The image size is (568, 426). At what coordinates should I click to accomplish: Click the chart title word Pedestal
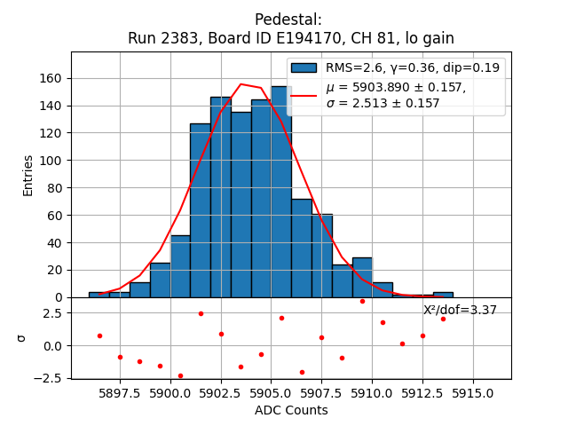[x=288, y=20]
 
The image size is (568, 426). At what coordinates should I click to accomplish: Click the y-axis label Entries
[x=28, y=175]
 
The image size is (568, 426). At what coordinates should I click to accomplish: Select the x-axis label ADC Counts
[x=291, y=410]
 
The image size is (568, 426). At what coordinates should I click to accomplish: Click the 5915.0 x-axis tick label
[x=472, y=390]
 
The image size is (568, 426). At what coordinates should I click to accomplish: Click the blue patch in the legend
[x=304, y=67]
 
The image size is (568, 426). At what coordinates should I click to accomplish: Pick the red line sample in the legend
[x=304, y=95]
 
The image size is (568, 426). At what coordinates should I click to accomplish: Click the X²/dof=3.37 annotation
[x=460, y=310]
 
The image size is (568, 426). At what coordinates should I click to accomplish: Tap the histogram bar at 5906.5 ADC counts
[x=301, y=248]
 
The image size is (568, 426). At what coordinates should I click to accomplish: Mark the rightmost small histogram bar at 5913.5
[x=443, y=295]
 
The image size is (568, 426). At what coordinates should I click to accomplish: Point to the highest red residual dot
[x=362, y=301]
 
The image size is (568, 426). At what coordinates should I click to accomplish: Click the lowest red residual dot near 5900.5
[x=180, y=375]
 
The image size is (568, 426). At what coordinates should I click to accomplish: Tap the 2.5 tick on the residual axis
[x=52, y=313]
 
